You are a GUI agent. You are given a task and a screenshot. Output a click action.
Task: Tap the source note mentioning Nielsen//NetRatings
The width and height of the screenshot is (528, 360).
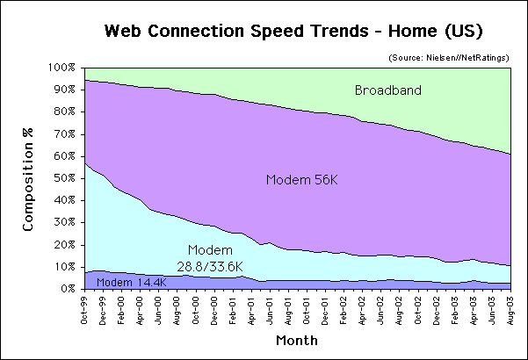(449, 57)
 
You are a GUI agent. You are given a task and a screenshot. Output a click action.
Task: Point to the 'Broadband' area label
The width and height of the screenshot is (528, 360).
(388, 90)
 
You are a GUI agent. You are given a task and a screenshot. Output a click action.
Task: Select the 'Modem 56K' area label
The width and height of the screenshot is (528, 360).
(301, 180)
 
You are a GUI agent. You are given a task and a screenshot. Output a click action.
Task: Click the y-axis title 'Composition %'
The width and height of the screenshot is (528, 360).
(29, 179)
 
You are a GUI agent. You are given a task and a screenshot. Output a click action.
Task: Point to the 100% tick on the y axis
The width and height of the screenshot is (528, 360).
(63, 68)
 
